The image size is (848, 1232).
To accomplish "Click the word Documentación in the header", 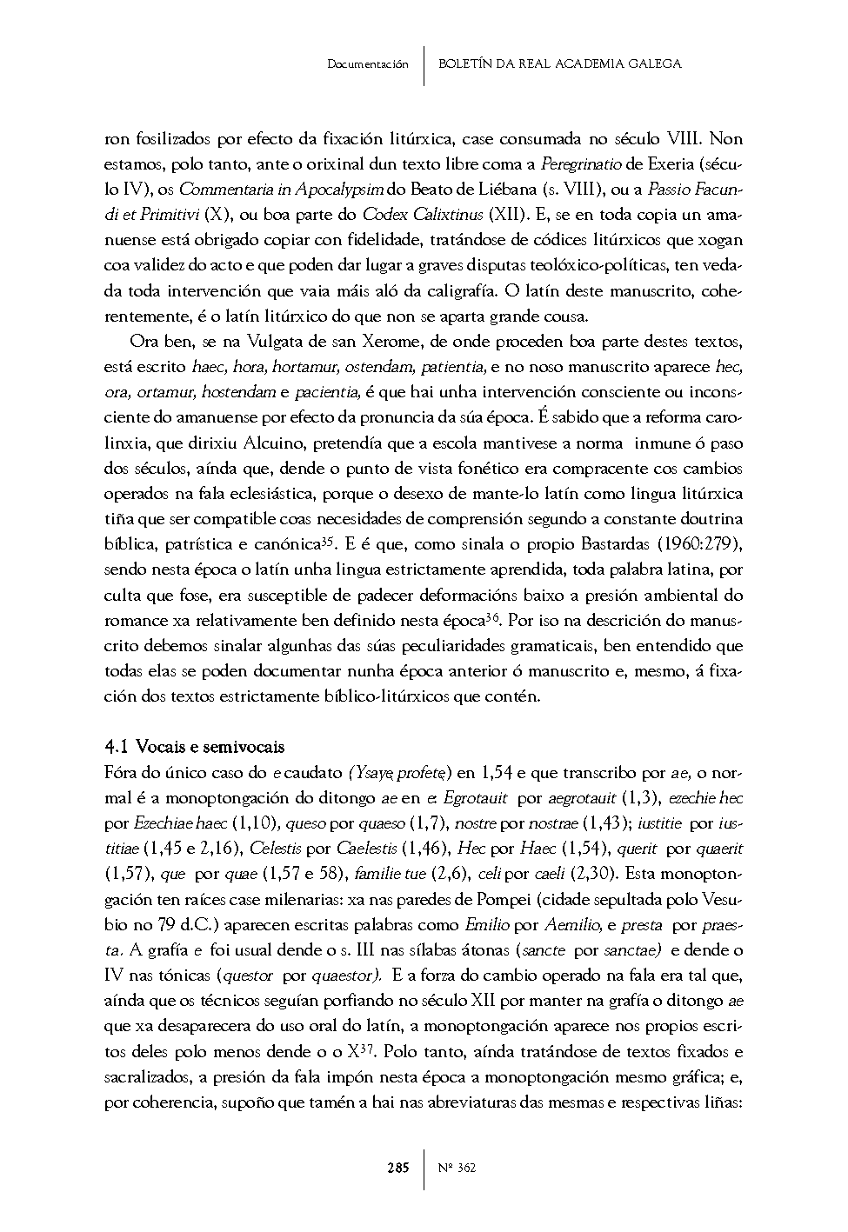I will [368, 63].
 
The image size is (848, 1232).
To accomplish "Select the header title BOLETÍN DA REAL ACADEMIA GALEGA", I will [559, 63].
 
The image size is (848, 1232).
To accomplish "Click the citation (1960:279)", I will [695, 544].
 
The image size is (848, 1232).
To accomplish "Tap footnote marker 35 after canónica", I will [328, 542].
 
